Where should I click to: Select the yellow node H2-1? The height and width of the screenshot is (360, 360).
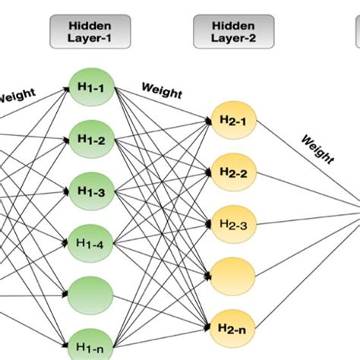(x=229, y=119)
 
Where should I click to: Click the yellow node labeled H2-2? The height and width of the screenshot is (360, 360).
(x=229, y=172)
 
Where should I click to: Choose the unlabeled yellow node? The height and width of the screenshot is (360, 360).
(x=229, y=271)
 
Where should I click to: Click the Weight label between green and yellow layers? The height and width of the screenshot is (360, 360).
(x=161, y=93)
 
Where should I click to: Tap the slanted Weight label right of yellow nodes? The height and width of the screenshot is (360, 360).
(x=317, y=150)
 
